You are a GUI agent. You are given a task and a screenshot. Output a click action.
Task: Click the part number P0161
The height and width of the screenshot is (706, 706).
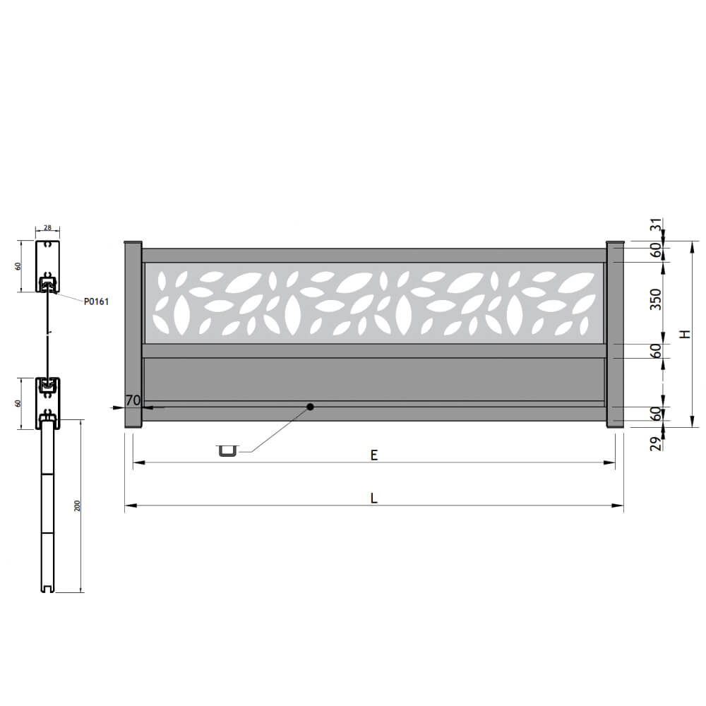(x=96, y=301)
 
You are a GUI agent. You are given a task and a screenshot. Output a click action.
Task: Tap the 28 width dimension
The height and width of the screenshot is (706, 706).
(x=47, y=228)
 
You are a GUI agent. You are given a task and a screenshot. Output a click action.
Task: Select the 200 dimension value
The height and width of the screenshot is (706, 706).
(x=77, y=505)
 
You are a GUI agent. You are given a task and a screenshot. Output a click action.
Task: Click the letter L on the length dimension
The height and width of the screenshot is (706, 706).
(x=373, y=498)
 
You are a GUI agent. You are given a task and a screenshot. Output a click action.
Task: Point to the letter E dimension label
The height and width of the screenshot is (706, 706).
(x=373, y=455)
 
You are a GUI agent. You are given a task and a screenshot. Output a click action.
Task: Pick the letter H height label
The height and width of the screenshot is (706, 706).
(x=685, y=334)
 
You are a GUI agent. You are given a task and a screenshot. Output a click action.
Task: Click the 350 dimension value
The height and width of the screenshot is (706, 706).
(x=656, y=299)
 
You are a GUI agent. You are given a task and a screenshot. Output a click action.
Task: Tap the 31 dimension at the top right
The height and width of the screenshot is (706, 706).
(x=657, y=225)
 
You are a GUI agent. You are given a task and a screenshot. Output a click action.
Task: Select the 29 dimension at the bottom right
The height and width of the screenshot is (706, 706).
(x=657, y=443)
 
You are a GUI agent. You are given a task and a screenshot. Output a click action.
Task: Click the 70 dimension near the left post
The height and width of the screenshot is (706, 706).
(x=133, y=400)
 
